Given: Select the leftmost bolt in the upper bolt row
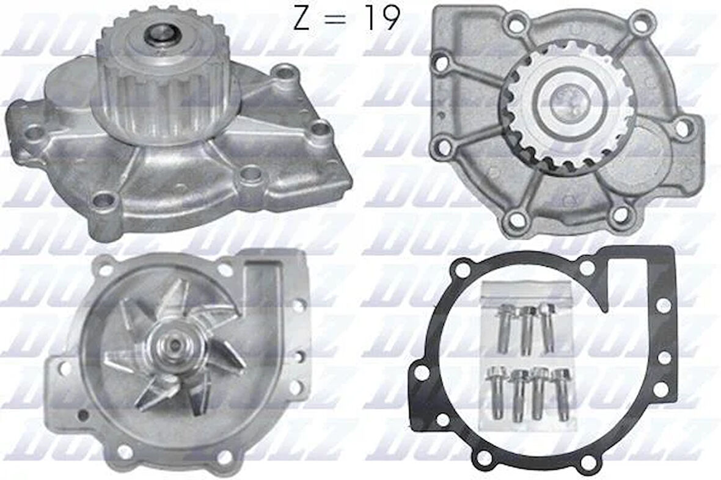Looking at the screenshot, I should coord(505,328).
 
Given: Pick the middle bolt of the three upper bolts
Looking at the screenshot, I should coord(527,330).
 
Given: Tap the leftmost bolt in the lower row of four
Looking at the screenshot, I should coord(494,393).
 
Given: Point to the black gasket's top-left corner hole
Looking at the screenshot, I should coord(463,269).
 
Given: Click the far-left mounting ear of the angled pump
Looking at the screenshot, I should coord(34,132).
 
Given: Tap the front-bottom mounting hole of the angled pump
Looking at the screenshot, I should coord(104,200).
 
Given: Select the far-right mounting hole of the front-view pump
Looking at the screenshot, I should coord(684,128).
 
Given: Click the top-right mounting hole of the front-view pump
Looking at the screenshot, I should coord(640,25).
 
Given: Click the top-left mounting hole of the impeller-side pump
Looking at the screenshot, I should coord(105,269).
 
